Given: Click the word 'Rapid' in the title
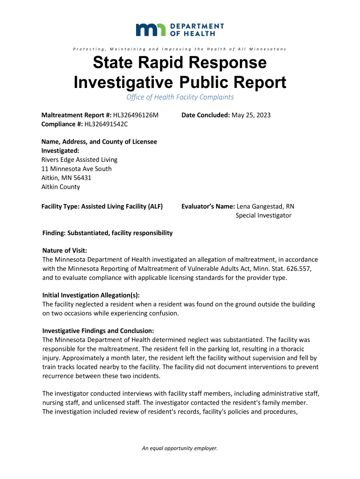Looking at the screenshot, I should (179, 63).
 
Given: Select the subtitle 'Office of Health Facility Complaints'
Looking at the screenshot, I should (180, 97).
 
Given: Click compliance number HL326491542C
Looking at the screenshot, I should (106, 124).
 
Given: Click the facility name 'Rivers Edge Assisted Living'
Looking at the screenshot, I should (79, 160).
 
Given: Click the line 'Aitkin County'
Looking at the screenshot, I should (61, 187).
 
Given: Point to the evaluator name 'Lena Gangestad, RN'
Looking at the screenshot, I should (266, 206).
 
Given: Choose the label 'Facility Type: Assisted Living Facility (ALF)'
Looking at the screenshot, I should (102, 206).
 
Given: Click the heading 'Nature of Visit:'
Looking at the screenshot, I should (65, 251).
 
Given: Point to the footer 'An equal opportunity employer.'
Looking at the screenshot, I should (180, 448).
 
